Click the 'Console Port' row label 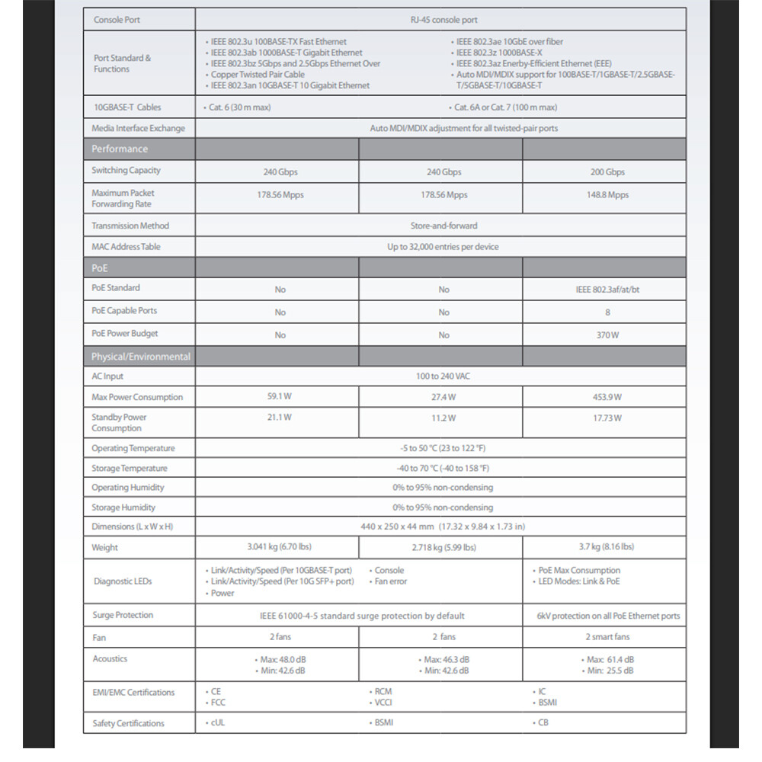coord(117,20)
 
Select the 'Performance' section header coord(120,149)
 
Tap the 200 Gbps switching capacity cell coord(607,172)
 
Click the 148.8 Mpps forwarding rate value coord(607,195)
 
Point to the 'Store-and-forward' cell coord(442,226)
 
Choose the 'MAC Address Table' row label coord(126,247)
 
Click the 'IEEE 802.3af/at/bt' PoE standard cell coord(607,290)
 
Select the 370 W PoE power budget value coord(607,335)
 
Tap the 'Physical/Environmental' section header coord(141,356)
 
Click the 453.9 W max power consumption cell coord(607,397)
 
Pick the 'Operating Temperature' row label coord(133,448)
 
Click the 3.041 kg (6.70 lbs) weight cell coord(279,546)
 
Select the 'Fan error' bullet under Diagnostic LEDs coord(392,581)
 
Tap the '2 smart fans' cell coord(607,636)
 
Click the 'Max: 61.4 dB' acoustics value coord(610,659)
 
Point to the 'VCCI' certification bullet coord(383,703)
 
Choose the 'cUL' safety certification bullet coord(218,722)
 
